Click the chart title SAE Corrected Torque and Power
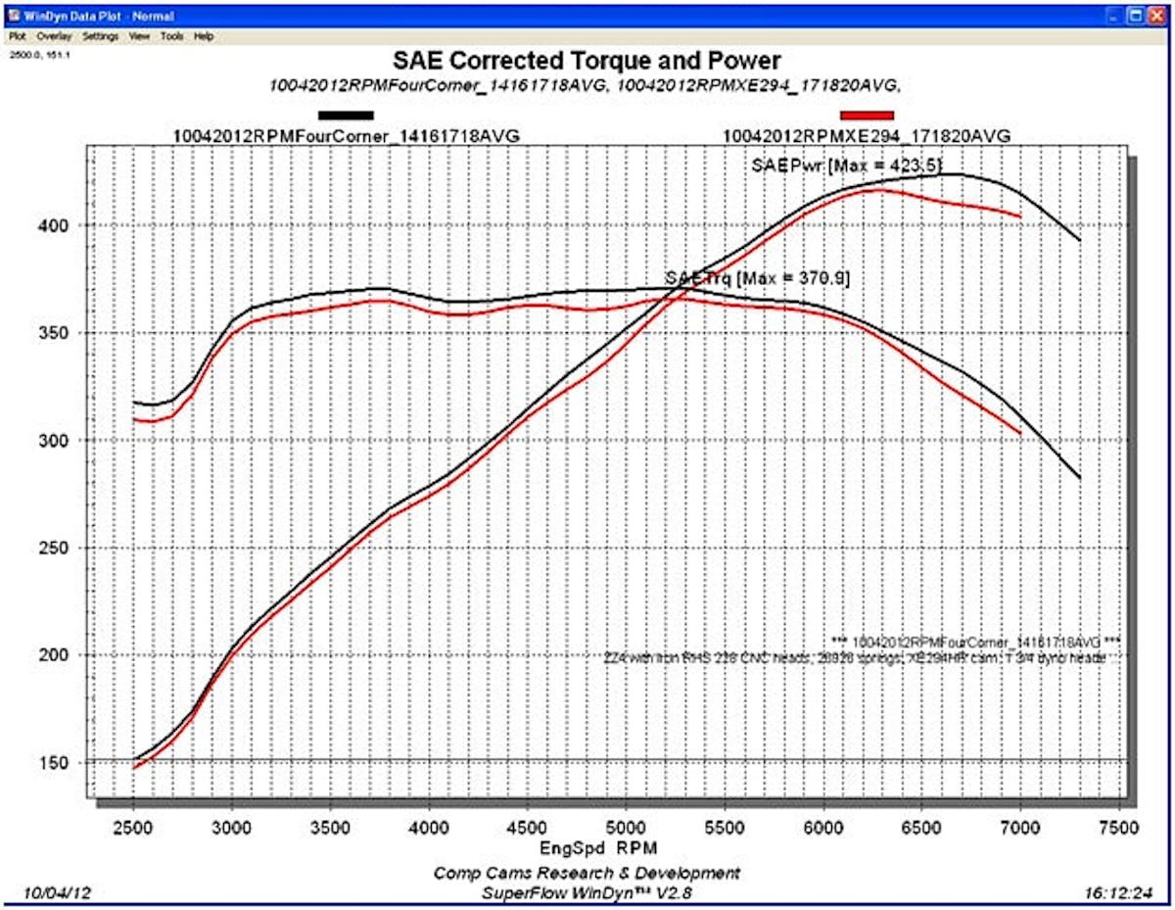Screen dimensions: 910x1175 click(587, 62)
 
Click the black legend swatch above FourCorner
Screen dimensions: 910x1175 click(345, 116)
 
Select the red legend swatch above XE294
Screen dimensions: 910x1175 click(867, 116)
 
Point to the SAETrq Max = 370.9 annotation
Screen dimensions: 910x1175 click(756, 278)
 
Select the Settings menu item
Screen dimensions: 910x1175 click(100, 36)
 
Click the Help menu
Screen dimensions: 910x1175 click(203, 36)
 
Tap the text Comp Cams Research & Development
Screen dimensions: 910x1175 click(587, 873)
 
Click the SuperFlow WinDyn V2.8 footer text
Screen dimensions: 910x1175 click(587, 892)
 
